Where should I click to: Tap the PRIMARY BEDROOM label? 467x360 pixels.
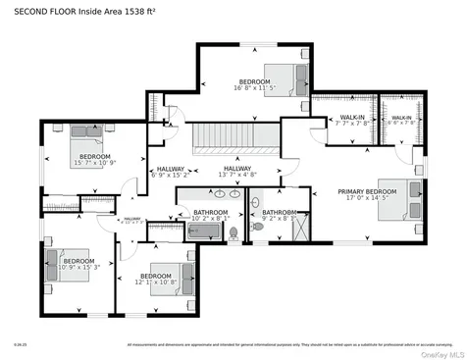(x=367, y=191)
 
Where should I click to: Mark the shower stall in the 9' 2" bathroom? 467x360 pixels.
(x=296, y=230)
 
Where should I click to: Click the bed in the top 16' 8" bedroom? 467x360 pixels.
(x=291, y=77)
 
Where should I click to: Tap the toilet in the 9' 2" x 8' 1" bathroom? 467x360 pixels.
(x=258, y=227)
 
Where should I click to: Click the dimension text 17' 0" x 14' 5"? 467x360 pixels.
(x=367, y=199)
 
